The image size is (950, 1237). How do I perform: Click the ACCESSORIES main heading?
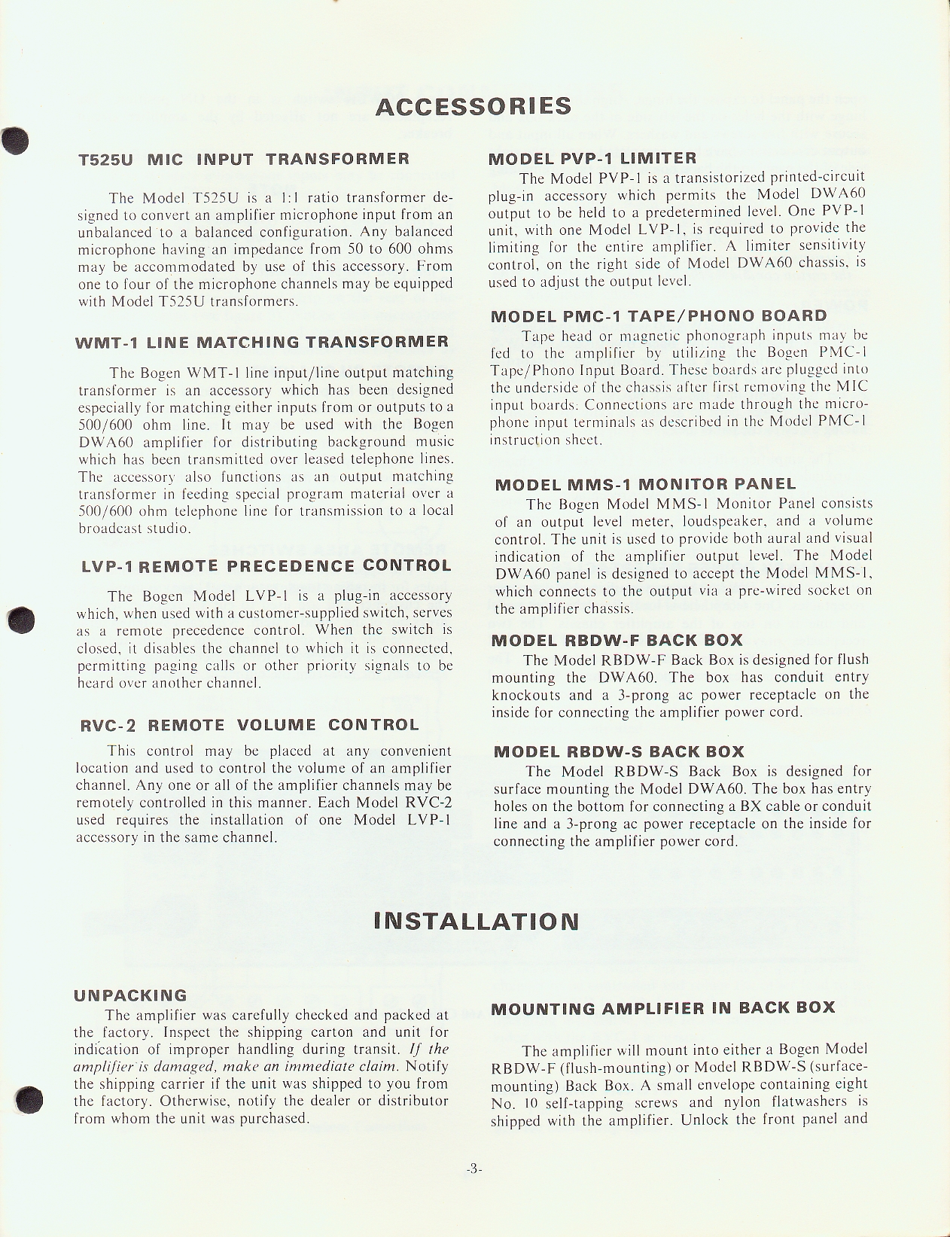pos(473,106)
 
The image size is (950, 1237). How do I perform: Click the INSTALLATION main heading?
pos(476,921)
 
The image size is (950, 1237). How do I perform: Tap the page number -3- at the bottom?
pos(473,1168)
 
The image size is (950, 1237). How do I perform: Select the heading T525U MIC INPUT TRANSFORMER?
pos(244,159)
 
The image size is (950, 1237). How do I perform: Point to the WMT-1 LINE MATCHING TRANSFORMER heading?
pos(262,342)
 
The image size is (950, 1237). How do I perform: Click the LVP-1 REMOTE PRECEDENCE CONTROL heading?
pos(266,566)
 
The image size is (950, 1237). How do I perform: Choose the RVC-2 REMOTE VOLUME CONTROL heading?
pos(249,725)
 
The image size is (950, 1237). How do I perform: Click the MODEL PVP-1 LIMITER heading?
pos(592,159)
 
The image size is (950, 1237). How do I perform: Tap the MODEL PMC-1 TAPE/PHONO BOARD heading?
pos(658,315)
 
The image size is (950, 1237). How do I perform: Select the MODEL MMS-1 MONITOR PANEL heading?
pos(645,484)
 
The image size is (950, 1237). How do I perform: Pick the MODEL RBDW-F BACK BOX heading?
pos(617,641)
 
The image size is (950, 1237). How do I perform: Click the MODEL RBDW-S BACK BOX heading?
pos(618,751)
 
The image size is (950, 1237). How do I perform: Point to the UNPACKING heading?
pos(130,995)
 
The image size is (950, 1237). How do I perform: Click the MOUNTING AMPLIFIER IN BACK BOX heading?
pos(662,1007)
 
